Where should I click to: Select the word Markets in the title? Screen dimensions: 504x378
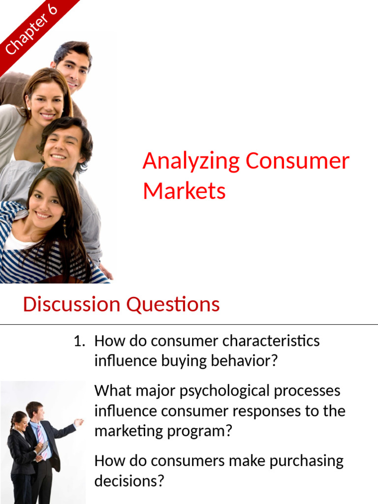pyautogui.click(x=184, y=191)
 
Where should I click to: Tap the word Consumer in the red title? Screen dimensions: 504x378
pyautogui.click(x=298, y=161)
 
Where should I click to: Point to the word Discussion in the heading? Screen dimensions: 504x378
pyautogui.click(x=71, y=304)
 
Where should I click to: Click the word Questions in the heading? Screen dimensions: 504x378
pyautogui.click(x=173, y=304)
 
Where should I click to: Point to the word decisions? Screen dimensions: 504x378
pyautogui.click(x=128, y=481)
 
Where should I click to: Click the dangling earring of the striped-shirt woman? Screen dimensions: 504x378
pyautogui.click(x=64, y=228)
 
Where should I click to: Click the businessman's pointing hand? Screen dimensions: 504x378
pyautogui.click(x=78, y=422)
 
